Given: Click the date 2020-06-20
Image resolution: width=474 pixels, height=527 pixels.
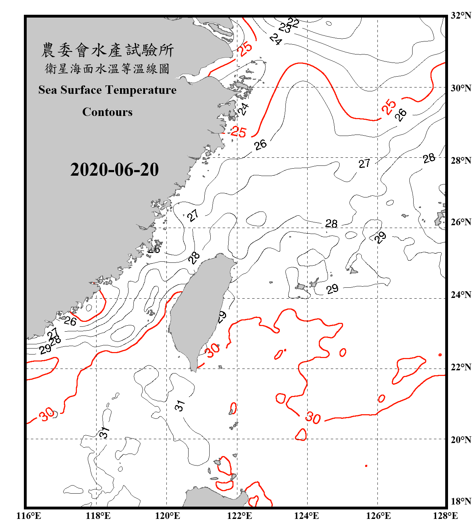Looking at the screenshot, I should click(114, 170).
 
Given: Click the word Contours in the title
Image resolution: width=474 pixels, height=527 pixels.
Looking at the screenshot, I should click(107, 112).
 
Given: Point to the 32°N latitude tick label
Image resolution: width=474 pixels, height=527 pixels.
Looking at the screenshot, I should click(461, 15).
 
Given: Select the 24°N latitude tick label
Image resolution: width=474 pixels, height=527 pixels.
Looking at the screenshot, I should click(461, 294).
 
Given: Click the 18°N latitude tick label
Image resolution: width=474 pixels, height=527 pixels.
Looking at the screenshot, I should click(461, 501).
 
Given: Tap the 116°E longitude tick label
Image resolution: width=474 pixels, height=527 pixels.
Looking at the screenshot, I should click(29, 516).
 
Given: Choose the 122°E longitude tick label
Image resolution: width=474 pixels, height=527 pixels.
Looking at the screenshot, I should click(239, 516).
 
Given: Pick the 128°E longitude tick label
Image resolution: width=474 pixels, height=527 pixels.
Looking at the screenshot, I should click(445, 516).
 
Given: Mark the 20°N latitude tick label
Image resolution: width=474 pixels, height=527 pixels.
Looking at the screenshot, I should click(461, 440).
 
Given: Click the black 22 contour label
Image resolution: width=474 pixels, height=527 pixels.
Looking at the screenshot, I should click(293, 23).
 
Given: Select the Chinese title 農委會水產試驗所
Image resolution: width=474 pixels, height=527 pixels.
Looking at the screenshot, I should click(107, 50).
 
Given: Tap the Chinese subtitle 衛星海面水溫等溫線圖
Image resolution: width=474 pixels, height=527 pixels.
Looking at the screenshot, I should click(107, 69).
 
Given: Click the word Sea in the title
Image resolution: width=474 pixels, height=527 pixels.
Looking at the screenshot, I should click(47, 90).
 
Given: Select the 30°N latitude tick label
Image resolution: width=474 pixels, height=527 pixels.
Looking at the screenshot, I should click(461, 88).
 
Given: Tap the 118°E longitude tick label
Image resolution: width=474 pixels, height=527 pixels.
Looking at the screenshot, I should click(98, 516).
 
